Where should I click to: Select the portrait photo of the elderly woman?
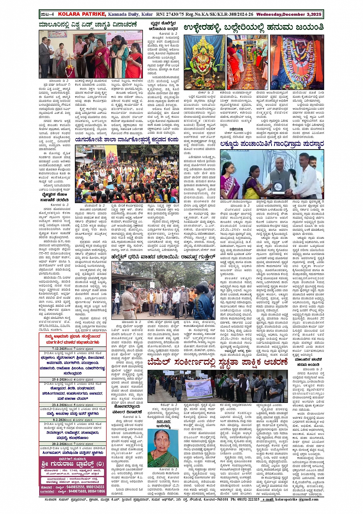[x=163, y=448]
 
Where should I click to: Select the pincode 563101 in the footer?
[x=221, y=499]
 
